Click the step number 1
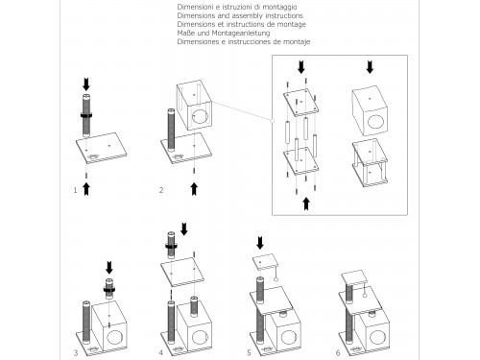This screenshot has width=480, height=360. pyautogui.click(x=75, y=190)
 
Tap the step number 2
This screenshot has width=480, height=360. pyautogui.click(x=161, y=190)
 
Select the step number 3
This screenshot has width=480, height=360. pyautogui.click(x=76, y=353)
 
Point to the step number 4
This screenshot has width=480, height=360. pyautogui.click(x=161, y=352)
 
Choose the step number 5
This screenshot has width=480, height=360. pyautogui.click(x=249, y=352)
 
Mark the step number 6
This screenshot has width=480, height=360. pyautogui.click(x=338, y=352)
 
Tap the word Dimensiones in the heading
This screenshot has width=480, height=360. pyautogui.click(x=198, y=41)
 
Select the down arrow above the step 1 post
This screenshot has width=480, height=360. pyautogui.click(x=86, y=84)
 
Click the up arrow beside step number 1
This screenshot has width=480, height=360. pyautogui.click(x=86, y=189)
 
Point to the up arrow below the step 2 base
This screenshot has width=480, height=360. pyautogui.click(x=194, y=189)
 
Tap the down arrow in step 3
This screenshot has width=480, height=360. pyautogui.click(x=109, y=268)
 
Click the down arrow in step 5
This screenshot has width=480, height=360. pyautogui.click(x=260, y=243)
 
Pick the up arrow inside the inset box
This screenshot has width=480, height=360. pyautogui.click(x=306, y=204)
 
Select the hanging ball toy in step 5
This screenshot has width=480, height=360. pyautogui.click(x=276, y=279)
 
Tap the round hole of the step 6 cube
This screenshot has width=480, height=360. pyautogui.click(x=377, y=337)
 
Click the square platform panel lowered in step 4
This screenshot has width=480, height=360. pyautogui.click(x=182, y=272)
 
